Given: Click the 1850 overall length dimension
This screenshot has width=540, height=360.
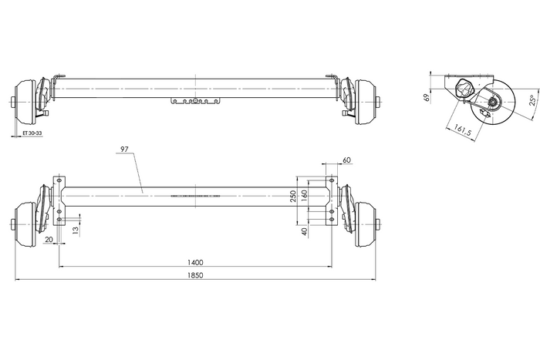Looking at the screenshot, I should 195,275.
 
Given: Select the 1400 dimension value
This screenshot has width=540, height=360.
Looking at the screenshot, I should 195,262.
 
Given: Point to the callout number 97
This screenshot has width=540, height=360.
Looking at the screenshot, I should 125,148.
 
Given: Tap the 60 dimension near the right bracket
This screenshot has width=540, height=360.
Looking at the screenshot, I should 346,160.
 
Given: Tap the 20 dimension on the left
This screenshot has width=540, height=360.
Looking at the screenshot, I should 49,240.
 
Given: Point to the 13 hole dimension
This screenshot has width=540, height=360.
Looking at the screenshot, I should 75,230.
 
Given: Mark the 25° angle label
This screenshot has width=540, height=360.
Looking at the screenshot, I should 533,101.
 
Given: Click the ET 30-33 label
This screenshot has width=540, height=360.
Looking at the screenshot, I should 33,133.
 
